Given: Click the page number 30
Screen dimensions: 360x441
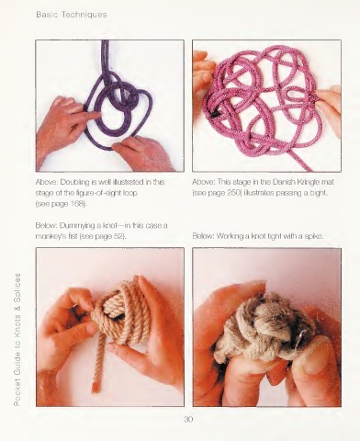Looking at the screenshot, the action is click(x=188, y=419).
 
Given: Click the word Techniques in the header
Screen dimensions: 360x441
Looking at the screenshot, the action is click(x=84, y=15).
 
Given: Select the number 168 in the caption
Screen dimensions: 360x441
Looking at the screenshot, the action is click(x=78, y=204).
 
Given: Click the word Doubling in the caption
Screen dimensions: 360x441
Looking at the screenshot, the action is click(x=71, y=182).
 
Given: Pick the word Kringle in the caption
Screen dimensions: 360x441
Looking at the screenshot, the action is click(x=309, y=182).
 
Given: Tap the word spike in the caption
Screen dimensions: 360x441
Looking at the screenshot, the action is click(x=314, y=236).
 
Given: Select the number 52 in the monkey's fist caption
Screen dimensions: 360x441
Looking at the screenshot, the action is click(x=119, y=236).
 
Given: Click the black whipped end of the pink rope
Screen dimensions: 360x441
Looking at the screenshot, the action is click(x=215, y=114).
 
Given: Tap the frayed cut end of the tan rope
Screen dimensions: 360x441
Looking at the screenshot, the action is click(x=96, y=388).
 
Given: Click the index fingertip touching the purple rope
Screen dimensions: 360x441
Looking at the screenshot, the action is click(x=96, y=115).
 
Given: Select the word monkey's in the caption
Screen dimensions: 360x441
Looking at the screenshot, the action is click(x=48, y=237).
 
